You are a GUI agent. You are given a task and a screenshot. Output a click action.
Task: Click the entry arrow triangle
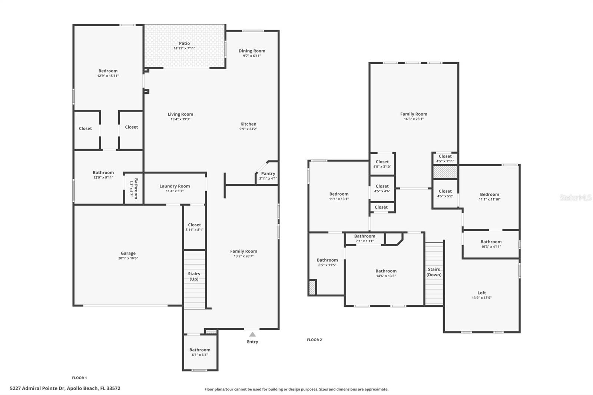click(252, 334)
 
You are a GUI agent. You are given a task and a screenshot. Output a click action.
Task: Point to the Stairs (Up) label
click(194, 276)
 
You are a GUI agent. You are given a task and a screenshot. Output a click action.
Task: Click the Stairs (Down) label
click(434, 272)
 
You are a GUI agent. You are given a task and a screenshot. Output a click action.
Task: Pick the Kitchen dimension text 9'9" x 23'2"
click(248, 129)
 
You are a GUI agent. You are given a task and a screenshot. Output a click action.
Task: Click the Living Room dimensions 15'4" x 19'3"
click(180, 119)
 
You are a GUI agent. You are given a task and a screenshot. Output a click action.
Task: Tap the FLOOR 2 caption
click(314, 340)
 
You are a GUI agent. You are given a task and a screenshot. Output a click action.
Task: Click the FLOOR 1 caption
click(79, 378)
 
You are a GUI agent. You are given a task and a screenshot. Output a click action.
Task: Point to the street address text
click(65, 388)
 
